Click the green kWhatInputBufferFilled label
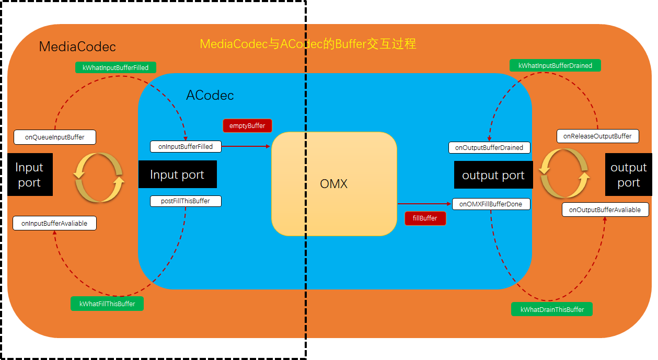[116, 67]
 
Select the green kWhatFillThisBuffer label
[107, 304]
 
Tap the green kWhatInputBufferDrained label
[555, 65]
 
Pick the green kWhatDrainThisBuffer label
[552, 309]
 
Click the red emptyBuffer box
[247, 126]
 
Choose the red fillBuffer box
[425, 218]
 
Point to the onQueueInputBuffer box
[55, 137]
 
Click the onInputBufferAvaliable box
[54, 223]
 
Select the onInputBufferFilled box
[186, 147]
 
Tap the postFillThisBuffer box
[186, 201]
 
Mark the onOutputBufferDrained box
[489, 147]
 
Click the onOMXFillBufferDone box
[491, 204]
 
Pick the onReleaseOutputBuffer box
[597, 136]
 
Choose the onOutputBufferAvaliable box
[605, 210]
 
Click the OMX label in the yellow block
[333, 184]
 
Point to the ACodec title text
[210, 96]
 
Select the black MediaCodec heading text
[77, 47]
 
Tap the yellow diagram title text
[308, 44]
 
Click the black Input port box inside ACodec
[177, 175]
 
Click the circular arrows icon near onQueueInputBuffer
[99, 177]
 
